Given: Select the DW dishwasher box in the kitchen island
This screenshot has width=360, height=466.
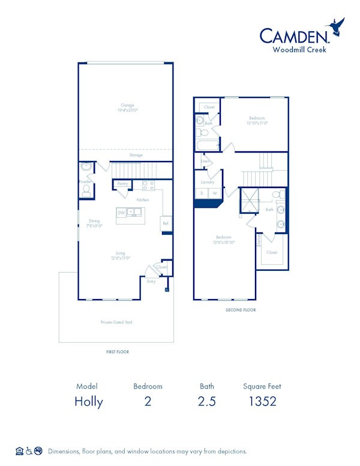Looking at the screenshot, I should [121, 213].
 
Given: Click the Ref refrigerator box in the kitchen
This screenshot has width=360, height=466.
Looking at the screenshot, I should [165, 223].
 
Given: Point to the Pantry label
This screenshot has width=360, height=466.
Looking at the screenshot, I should [122, 184].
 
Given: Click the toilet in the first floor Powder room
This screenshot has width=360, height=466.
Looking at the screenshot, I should [86, 190].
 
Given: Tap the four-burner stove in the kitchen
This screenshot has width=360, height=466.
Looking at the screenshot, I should [148, 185].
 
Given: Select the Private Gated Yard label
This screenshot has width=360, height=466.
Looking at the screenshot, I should [116, 322].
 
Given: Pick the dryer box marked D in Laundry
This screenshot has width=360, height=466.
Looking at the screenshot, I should [202, 193].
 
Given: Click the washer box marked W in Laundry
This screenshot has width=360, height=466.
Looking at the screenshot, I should [214, 193].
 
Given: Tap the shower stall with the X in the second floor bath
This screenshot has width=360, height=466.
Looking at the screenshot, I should [248, 201].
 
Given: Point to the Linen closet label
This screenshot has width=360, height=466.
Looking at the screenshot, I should [205, 161].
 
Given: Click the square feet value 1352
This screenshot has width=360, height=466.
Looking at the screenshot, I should [262, 402].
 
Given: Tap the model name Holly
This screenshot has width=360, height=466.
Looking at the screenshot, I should [89, 402].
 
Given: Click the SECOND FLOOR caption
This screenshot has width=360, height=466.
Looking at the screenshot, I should [240, 310].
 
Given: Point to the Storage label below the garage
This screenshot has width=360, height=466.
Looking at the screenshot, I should [136, 155].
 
